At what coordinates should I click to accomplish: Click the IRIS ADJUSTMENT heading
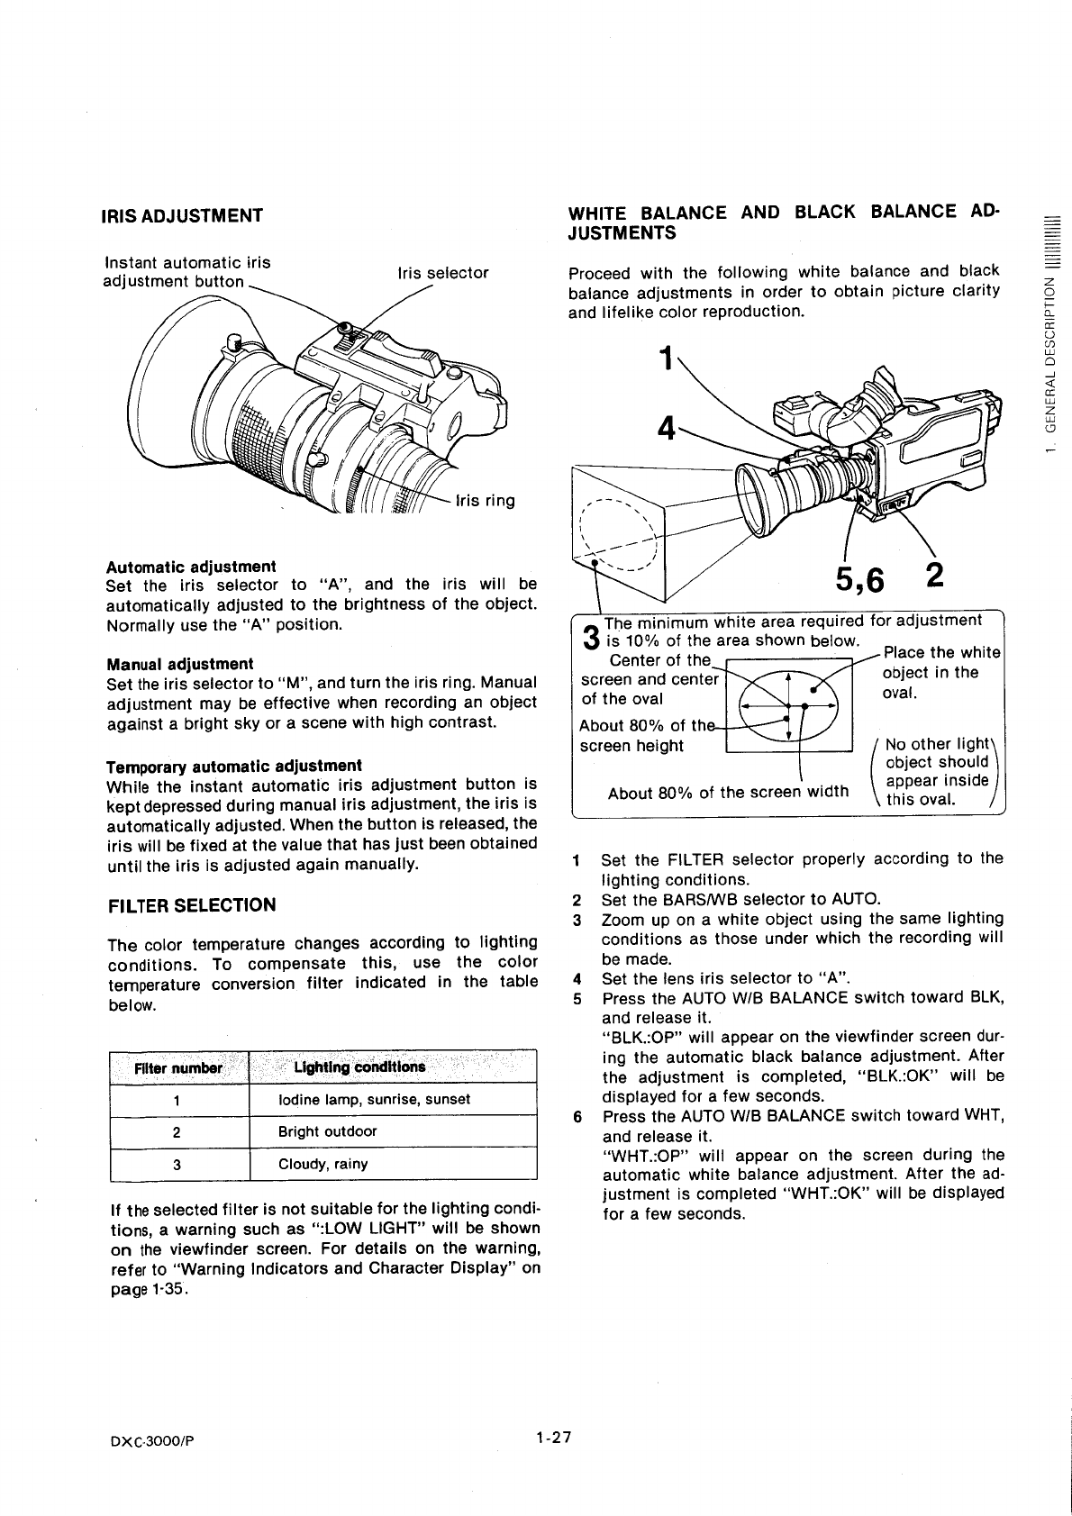point(184,215)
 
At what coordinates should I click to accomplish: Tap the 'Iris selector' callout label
point(442,273)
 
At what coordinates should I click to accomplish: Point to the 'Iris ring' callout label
point(486,501)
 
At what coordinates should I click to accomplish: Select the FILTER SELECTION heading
point(191,905)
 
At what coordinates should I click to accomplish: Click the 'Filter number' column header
point(177,1068)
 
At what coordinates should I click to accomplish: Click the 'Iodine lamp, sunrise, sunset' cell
point(374,1100)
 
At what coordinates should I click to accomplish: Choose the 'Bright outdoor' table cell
point(327,1131)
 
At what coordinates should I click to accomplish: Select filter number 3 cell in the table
point(177,1164)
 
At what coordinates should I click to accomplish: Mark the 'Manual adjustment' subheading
point(179,664)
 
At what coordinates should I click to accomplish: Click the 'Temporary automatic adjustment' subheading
point(233,766)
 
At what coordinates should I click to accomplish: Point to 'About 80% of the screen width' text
point(728,793)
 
